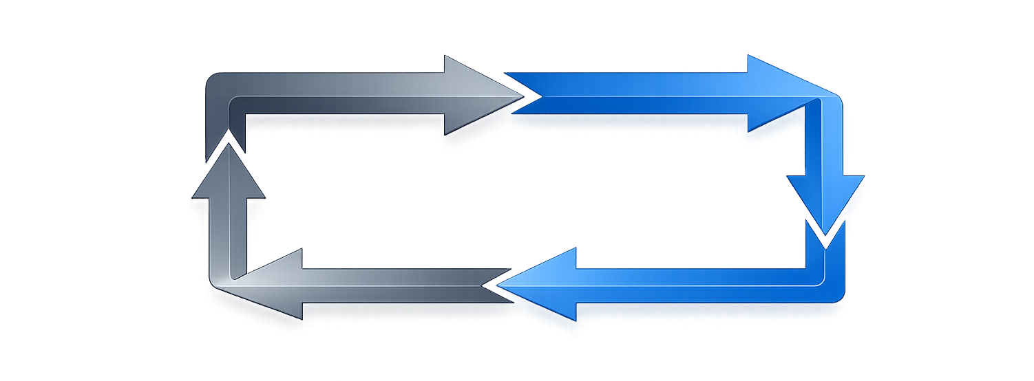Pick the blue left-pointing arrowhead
pos(544,283)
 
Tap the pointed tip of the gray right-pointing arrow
pos(522,96)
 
